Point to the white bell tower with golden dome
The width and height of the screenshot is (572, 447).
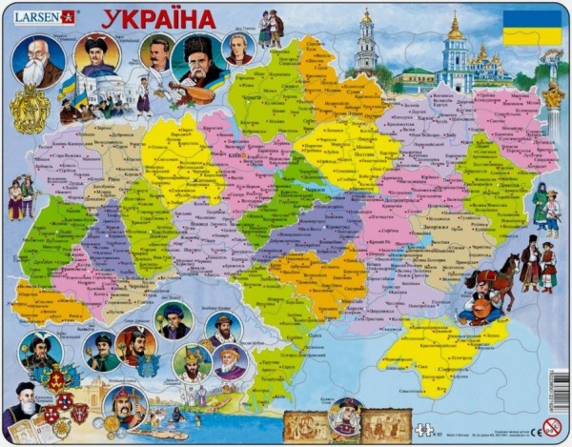[366, 45]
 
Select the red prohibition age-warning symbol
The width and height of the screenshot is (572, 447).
[550, 429]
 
